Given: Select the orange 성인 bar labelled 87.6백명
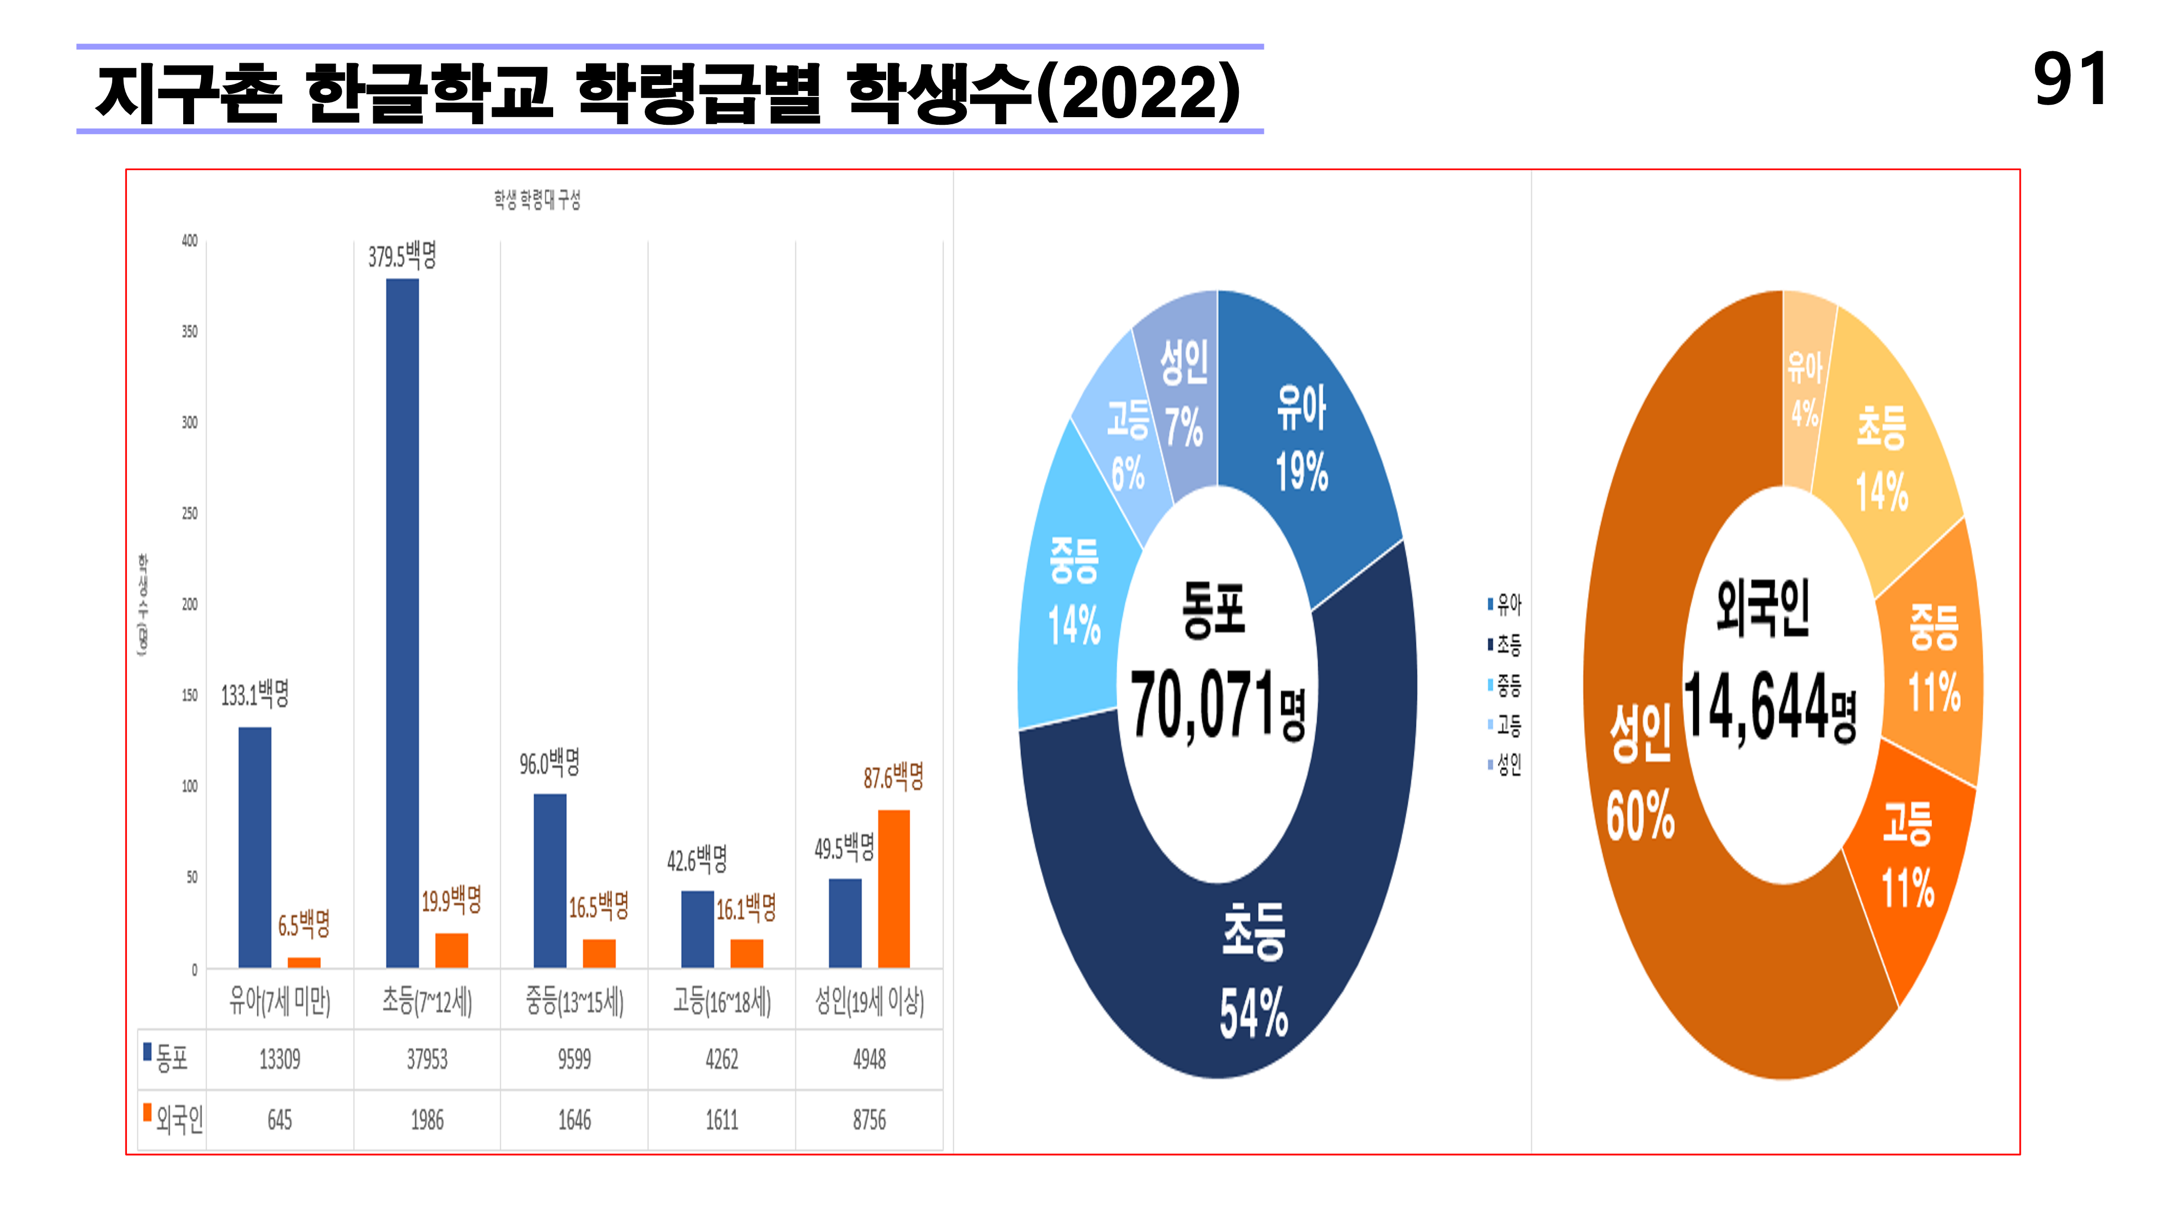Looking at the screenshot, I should tap(894, 888).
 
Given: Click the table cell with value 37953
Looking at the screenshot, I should tap(427, 1059).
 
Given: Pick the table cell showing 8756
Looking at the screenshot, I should tap(869, 1120).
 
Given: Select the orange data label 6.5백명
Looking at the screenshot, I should tap(304, 924).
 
